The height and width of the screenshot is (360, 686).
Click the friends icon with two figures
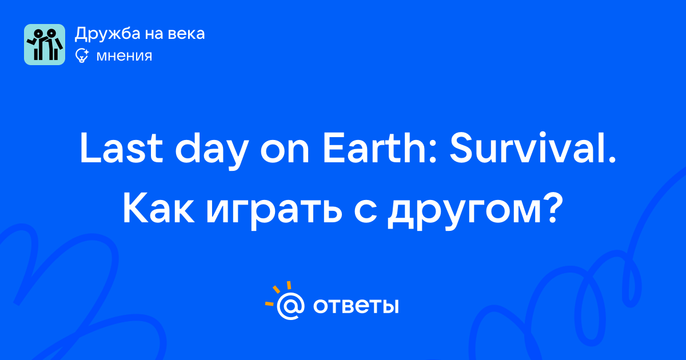[45, 45]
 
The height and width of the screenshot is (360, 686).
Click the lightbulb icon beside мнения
[82, 56]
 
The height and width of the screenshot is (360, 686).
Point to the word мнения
[125, 57]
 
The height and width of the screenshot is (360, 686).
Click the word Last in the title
[121, 148]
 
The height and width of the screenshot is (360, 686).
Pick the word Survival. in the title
[533, 147]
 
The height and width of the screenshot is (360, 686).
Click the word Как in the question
[158, 209]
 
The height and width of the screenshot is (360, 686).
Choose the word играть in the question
[274, 212]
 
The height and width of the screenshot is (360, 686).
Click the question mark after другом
[553, 208]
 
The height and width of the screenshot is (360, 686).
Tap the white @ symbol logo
[290, 306]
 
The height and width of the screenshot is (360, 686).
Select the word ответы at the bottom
[356, 306]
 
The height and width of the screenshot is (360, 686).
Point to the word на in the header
[154, 34]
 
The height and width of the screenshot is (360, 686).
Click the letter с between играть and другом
[365, 212]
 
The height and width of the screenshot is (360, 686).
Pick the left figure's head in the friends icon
[38, 33]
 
